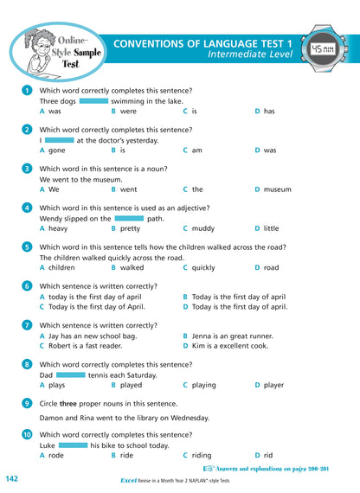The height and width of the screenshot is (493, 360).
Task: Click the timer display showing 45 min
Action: point(321,49)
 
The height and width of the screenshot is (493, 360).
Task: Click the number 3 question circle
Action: point(28,169)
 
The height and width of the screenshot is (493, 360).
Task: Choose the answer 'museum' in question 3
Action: point(277,189)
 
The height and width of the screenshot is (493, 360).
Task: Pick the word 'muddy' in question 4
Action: point(203,228)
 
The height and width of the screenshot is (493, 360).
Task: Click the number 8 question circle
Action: point(28,364)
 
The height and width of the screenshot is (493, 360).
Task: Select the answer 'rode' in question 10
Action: point(56,455)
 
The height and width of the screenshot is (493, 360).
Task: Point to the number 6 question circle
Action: point(28,285)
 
